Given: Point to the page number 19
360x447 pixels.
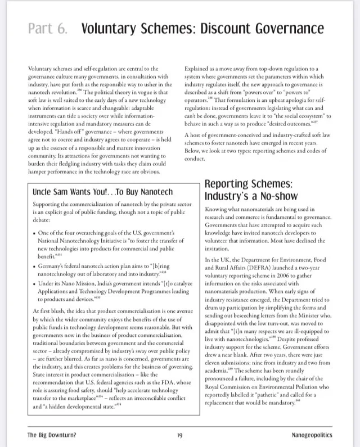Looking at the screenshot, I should [x=179, y=435].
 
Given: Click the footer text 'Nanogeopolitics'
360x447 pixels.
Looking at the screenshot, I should [x=312, y=435].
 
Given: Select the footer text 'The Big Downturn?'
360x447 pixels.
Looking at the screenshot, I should [x=52, y=435].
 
